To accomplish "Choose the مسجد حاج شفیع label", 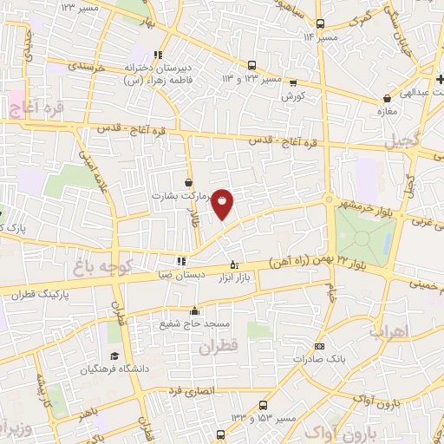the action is pyautogui.click(x=194, y=323).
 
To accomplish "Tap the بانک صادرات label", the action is pyautogui.click(x=319, y=357).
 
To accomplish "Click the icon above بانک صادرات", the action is pyautogui.click(x=319, y=345).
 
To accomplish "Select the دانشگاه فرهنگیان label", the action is pyautogui.click(x=84, y=369).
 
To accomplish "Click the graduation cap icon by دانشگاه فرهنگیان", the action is pyautogui.click(x=113, y=356).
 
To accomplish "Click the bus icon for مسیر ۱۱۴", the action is pyautogui.click(x=321, y=24).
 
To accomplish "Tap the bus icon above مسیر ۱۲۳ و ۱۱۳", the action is pyautogui.click(x=251, y=65).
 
